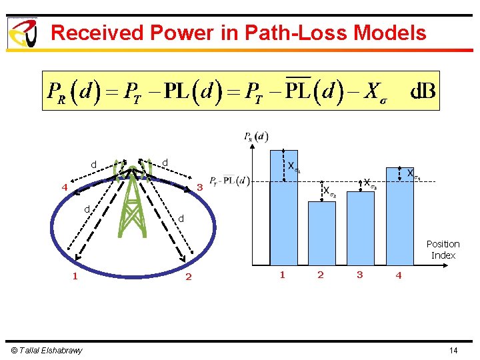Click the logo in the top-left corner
22,33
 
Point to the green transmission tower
133,200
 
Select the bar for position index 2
321,233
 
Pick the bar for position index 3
360,227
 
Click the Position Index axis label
443,249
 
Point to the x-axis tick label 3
360,275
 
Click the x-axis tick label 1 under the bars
283,275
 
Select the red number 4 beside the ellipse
65,187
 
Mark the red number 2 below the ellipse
188,277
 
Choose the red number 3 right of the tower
199,187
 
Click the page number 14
453,351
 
